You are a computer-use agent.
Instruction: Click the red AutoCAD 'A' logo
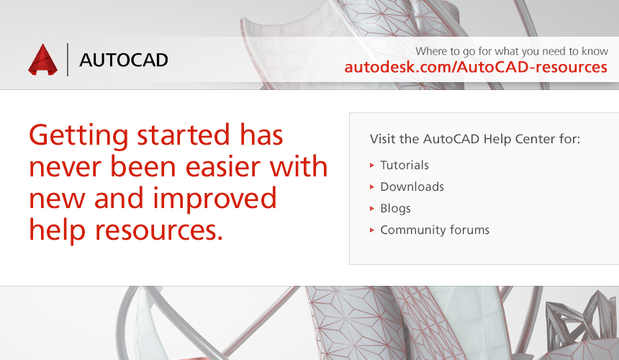click(x=42, y=60)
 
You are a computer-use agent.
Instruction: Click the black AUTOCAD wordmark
click(x=124, y=60)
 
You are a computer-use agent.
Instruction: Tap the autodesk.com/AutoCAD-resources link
click(x=476, y=67)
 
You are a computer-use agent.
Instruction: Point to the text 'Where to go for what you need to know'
click(x=512, y=51)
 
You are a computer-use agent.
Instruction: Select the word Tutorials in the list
click(x=405, y=165)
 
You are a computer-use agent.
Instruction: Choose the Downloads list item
click(x=412, y=186)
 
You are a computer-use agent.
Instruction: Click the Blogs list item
click(x=395, y=208)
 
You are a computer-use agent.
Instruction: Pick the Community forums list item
click(x=435, y=230)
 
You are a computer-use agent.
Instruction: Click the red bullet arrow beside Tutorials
click(x=372, y=166)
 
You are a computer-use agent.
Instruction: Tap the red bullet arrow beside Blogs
click(x=372, y=208)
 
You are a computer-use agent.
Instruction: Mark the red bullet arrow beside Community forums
click(x=372, y=230)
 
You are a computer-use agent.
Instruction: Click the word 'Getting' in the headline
click(x=78, y=136)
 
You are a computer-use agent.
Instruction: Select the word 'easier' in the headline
click(x=222, y=166)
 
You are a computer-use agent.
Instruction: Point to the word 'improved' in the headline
click(x=214, y=199)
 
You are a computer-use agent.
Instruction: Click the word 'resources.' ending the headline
click(x=159, y=230)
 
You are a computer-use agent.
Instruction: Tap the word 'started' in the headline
click(x=183, y=135)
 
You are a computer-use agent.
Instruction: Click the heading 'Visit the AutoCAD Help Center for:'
click(x=475, y=139)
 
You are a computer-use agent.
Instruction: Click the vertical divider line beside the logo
click(x=68, y=60)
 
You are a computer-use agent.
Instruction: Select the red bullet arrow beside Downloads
click(x=372, y=187)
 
